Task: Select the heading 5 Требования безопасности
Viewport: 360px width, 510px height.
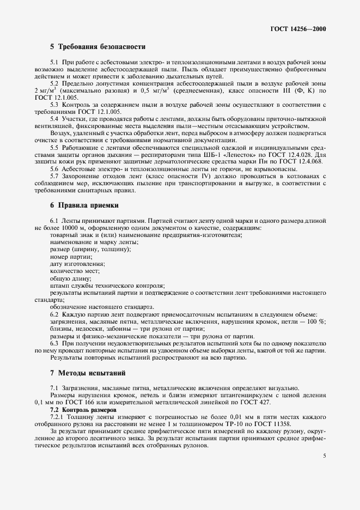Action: (97, 47)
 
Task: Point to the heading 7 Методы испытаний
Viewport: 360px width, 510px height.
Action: (88, 373)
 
